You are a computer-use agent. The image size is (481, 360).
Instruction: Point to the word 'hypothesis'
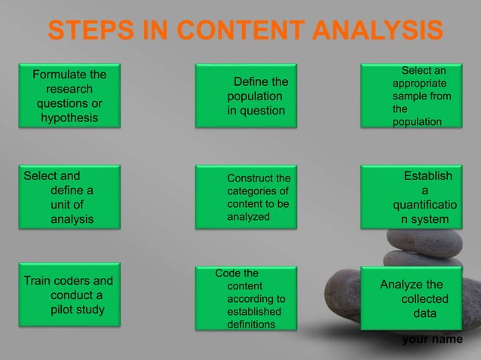[69, 119]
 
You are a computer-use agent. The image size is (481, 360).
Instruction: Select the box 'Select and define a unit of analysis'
[69, 198]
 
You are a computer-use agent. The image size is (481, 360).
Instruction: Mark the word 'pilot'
[65, 310]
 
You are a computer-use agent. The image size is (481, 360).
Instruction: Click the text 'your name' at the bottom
[432, 340]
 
